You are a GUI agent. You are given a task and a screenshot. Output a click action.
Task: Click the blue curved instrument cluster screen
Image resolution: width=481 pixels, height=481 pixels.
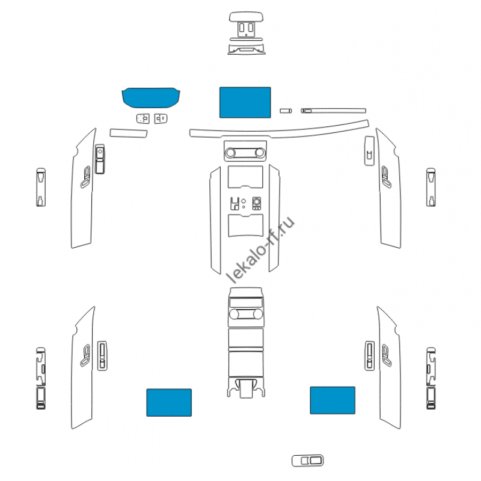[x=151, y=96]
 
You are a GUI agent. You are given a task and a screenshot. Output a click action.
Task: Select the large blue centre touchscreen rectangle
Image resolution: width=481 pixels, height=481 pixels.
[x=245, y=102]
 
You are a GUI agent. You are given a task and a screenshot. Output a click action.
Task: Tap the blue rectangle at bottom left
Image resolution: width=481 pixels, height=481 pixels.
[x=169, y=402]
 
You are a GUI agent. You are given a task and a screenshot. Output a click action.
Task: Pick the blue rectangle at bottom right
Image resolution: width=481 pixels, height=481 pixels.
[x=332, y=400]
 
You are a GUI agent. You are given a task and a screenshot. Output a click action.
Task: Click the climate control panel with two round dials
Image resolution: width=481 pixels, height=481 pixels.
[x=245, y=151]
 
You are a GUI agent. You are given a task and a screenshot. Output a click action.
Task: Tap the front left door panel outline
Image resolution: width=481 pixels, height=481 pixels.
[x=81, y=198]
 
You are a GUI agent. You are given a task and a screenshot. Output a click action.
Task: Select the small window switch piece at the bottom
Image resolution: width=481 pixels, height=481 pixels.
[x=308, y=461]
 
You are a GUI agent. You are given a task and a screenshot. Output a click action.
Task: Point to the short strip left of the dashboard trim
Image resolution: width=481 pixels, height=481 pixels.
[x=129, y=132]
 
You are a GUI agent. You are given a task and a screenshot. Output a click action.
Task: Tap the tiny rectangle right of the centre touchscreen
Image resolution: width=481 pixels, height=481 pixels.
[x=286, y=111]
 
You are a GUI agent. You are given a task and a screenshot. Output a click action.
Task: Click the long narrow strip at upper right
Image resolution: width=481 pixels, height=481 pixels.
[x=333, y=110]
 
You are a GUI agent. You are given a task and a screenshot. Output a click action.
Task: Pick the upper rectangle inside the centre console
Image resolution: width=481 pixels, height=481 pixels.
[x=245, y=177]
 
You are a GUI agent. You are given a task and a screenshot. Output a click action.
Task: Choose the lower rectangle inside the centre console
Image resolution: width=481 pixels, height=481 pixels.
[x=245, y=225]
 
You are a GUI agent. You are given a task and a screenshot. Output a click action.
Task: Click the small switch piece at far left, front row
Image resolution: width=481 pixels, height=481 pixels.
[x=40, y=187]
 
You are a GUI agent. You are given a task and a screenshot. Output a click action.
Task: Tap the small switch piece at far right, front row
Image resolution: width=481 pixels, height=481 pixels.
[x=431, y=187]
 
